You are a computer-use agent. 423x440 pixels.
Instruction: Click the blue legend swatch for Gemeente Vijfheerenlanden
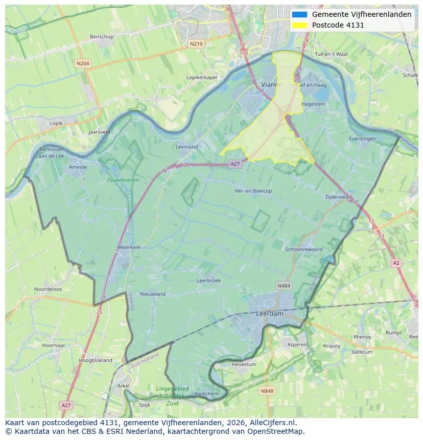pyautogui.click(x=300, y=15)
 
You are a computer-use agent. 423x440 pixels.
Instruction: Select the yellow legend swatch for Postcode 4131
pyautogui.click(x=300, y=25)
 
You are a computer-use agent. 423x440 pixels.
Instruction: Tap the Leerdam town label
pyautogui.click(x=269, y=314)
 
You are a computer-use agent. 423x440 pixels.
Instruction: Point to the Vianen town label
pyautogui.click(x=271, y=85)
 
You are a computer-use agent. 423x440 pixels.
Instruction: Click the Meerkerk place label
pyautogui.click(x=129, y=247)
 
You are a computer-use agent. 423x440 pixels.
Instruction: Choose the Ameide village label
pyautogui.click(x=78, y=167)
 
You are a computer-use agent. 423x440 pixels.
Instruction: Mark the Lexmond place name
pyautogui.click(x=186, y=147)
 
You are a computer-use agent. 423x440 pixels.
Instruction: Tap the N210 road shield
pyautogui.click(x=196, y=44)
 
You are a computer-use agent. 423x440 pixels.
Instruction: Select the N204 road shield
pyautogui.click(x=82, y=63)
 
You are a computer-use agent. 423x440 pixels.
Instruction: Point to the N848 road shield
pyautogui.click(x=267, y=391)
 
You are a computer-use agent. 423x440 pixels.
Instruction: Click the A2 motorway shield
pyautogui.click(x=396, y=263)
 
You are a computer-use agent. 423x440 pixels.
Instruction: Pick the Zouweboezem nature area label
pyautogui.click(x=123, y=180)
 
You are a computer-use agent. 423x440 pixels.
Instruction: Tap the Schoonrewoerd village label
pyautogui.click(x=304, y=249)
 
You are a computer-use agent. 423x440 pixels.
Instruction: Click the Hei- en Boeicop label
pyautogui.click(x=253, y=191)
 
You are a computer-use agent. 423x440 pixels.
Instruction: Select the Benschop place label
pyautogui.click(x=101, y=37)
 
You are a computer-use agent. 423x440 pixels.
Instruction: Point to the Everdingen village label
pyautogui.click(x=362, y=138)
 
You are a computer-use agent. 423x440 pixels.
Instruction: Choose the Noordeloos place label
pyautogui.click(x=48, y=289)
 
